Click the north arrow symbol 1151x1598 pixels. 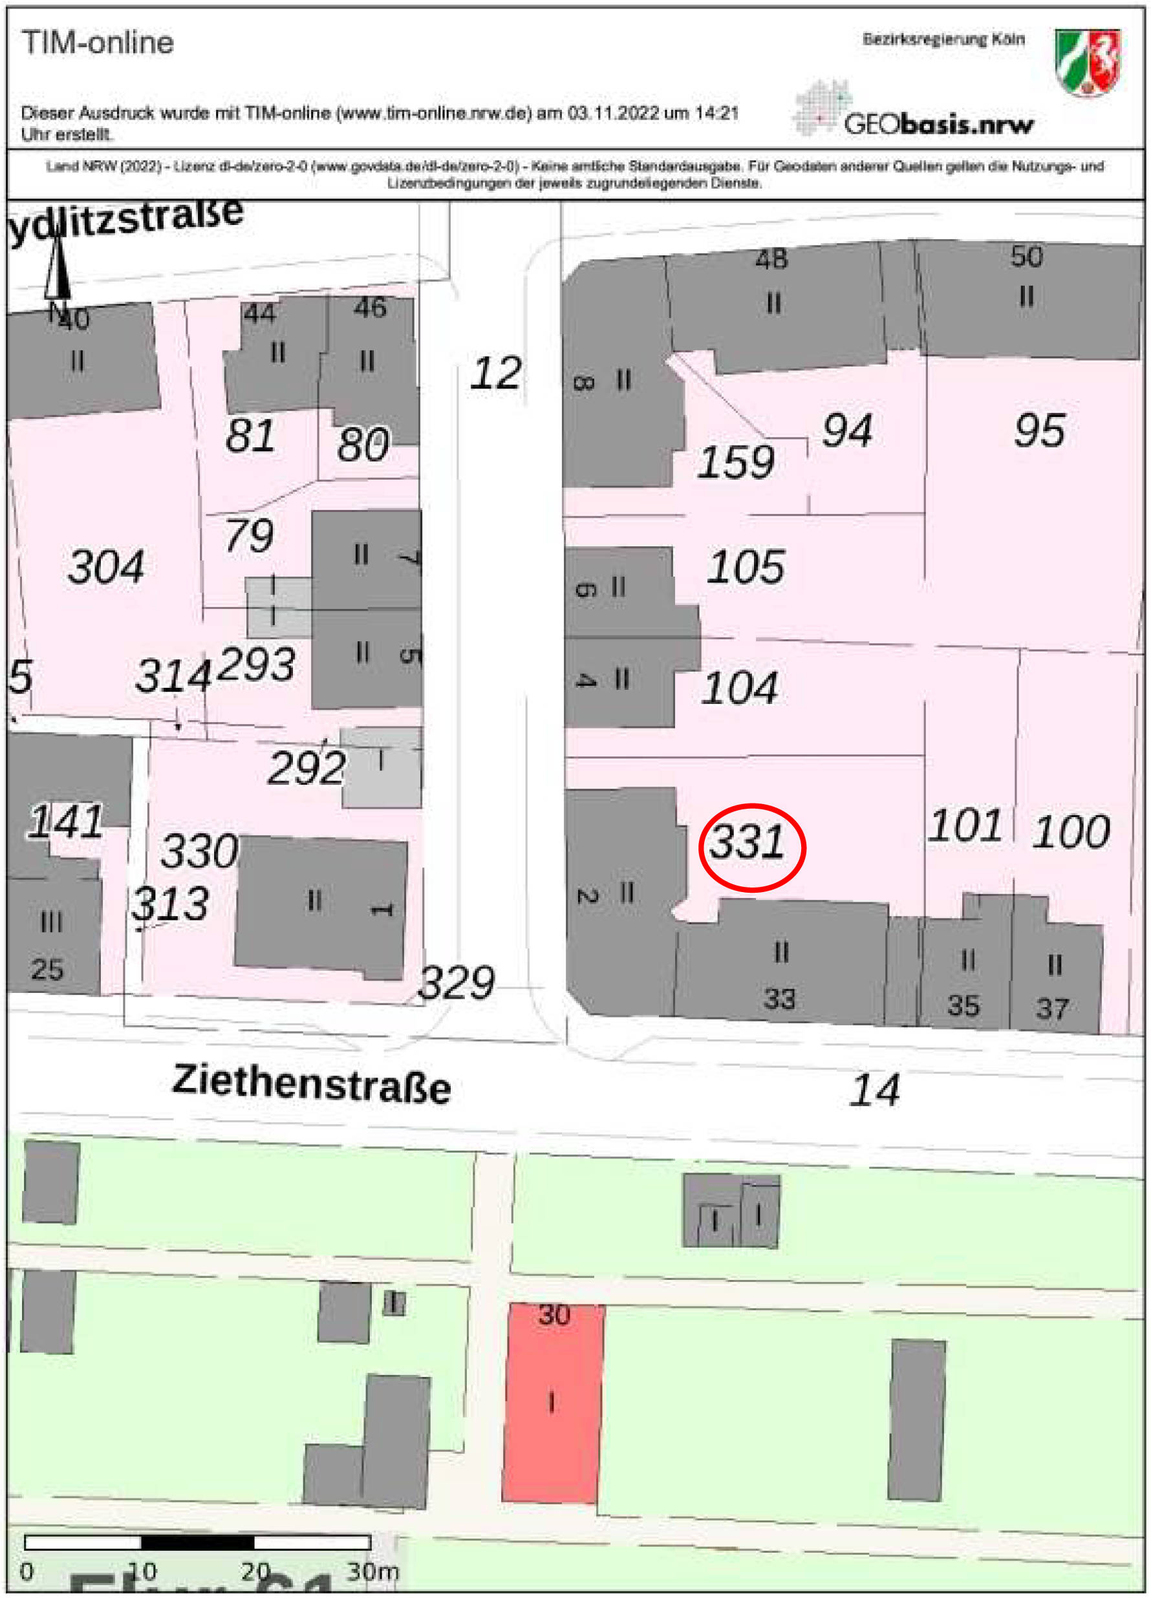[57, 272]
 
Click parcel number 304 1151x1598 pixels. [107, 566]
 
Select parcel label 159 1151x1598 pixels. [736, 463]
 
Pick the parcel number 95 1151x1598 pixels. [1040, 430]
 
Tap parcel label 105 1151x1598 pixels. [746, 567]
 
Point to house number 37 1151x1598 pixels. [1051, 1009]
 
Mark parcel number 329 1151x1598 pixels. [457, 983]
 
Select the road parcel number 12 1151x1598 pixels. [496, 374]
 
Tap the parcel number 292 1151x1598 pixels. [307, 768]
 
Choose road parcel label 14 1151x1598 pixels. [875, 1090]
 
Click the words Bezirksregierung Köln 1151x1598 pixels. [943, 40]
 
